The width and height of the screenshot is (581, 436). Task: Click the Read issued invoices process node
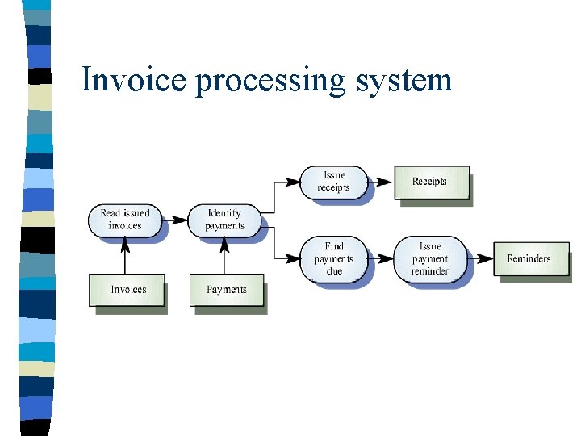[125, 220]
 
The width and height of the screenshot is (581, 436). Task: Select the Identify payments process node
[224, 220]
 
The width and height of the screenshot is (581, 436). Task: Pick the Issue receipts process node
[333, 182]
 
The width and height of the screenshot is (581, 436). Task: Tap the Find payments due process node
[333, 258]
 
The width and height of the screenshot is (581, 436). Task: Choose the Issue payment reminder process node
[429, 258]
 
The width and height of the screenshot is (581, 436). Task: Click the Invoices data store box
[128, 290]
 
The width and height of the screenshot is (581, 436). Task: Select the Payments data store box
[227, 290]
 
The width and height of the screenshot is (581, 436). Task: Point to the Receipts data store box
[430, 182]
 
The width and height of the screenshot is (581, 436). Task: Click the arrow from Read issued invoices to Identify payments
[175, 220]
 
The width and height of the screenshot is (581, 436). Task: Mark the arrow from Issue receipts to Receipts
[381, 182]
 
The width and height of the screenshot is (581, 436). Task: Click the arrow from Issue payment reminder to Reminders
[481, 258]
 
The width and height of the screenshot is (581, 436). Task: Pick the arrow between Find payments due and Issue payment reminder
[380, 258]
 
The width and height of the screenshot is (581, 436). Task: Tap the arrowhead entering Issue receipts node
[295, 182]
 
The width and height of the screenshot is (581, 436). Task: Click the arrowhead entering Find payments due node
[295, 258]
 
